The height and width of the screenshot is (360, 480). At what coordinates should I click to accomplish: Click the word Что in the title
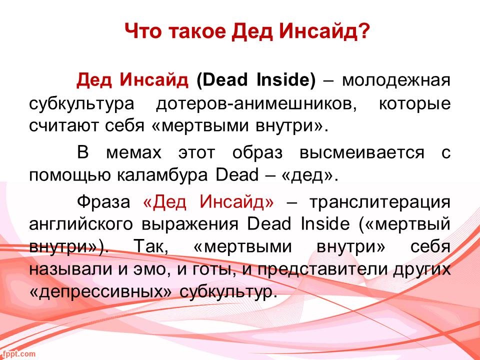(x=142, y=31)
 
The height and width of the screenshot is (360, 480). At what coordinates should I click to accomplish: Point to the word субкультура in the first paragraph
(x=81, y=104)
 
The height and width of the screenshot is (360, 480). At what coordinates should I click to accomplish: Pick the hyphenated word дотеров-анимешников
(x=256, y=103)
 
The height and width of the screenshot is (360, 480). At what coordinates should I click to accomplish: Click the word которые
(x=415, y=103)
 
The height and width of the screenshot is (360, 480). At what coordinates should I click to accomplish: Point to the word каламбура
(x=162, y=175)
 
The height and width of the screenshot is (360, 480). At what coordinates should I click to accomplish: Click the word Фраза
(x=103, y=201)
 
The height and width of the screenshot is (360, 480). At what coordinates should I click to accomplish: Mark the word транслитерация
(x=379, y=202)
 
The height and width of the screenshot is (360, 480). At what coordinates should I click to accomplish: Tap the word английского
(x=81, y=224)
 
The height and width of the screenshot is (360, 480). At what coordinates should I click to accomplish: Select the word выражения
(x=190, y=224)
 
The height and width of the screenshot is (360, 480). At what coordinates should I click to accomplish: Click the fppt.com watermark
(x=18, y=354)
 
